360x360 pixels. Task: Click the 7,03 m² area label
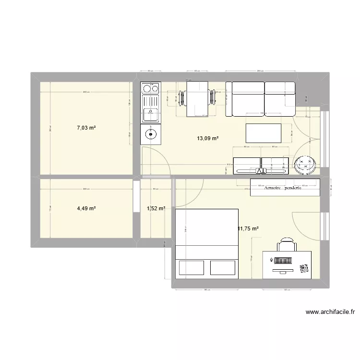pos(86,128)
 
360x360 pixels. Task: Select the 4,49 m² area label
pos(86,208)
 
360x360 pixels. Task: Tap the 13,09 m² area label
pos(207,138)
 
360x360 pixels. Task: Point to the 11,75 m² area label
pos(248,229)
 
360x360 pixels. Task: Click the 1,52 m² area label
pos(156,208)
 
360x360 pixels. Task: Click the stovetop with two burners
pos(150,88)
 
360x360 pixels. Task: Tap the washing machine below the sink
pos(150,134)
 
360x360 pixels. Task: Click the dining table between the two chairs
pos(196,98)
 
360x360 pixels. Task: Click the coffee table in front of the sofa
pos(264,132)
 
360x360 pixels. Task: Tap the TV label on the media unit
pos(261,170)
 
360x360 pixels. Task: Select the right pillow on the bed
pos(223,267)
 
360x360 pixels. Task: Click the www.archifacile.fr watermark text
pos(330,312)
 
